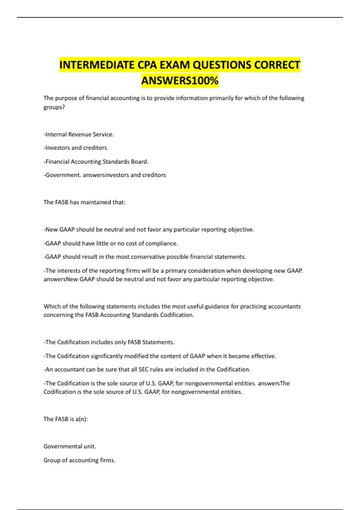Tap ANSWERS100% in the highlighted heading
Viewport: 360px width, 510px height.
coord(180,81)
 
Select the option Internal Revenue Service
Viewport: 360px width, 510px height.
coord(79,134)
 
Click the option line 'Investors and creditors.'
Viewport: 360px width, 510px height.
coord(76,148)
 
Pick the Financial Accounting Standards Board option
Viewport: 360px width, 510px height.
coord(96,161)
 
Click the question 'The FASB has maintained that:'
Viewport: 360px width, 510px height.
coord(84,202)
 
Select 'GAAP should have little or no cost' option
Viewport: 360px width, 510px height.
coord(111,243)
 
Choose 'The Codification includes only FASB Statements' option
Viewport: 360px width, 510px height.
coord(109,342)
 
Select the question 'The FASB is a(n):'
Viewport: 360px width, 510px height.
coord(66,419)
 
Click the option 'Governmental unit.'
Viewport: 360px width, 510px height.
coord(70,446)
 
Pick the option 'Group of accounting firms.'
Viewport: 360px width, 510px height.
coord(79,460)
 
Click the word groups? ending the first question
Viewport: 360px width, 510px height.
coord(54,107)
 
